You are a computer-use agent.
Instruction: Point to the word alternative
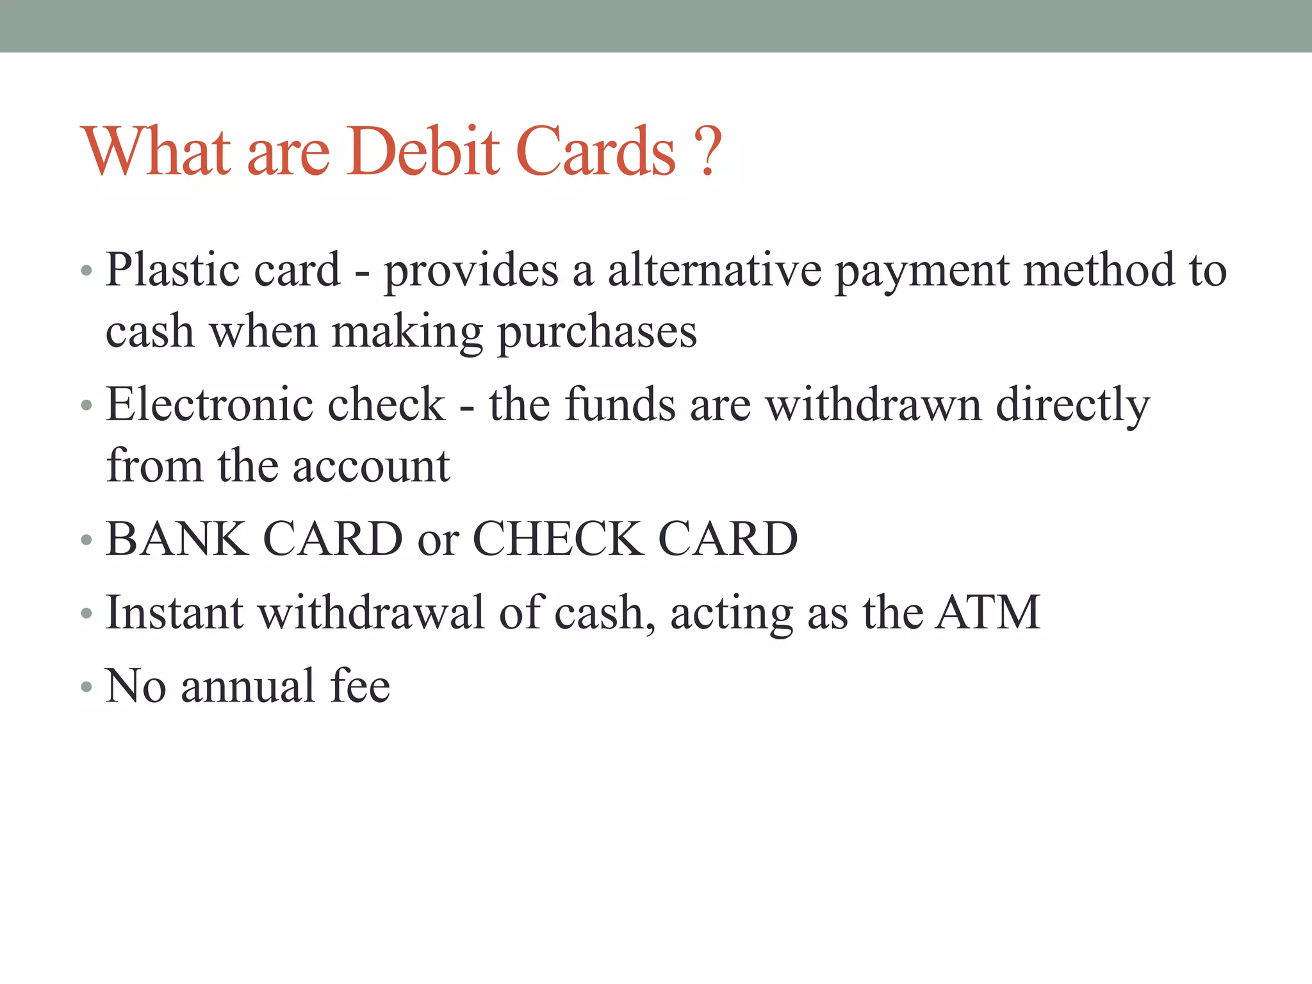pyautogui.click(x=714, y=270)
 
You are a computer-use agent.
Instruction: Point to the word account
pyautogui.click(x=371, y=466)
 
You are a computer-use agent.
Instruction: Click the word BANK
pyautogui.click(x=177, y=539)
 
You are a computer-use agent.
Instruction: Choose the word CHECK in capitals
pyautogui.click(x=558, y=539)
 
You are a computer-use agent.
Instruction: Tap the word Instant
pyautogui.click(x=174, y=612)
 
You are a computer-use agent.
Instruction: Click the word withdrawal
pyautogui.click(x=371, y=612)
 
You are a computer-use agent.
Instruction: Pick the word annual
pyautogui.click(x=248, y=686)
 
